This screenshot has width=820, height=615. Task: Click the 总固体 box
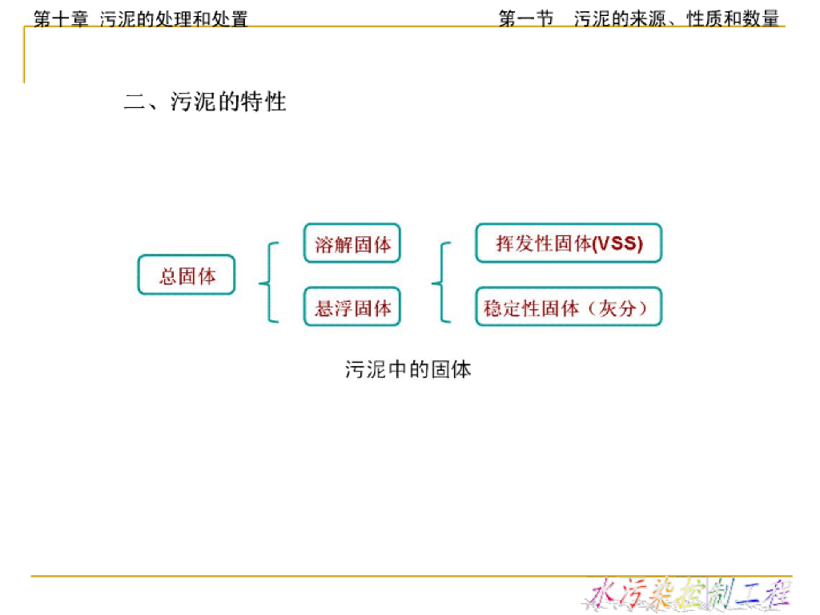tap(187, 275)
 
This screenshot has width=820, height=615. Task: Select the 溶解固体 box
tap(352, 243)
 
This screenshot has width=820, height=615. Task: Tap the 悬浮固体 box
tap(352, 307)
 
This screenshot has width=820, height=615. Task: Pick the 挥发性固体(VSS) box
tap(569, 243)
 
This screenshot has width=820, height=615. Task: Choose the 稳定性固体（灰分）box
tap(569, 307)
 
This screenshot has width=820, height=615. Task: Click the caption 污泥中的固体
tap(408, 369)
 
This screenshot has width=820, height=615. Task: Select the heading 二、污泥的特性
tap(205, 102)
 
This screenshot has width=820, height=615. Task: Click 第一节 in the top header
tap(526, 18)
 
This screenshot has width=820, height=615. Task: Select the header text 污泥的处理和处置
tap(174, 18)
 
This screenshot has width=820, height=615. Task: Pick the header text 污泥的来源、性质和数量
tap(677, 18)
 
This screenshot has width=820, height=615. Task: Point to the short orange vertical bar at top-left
tap(24, 56)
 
